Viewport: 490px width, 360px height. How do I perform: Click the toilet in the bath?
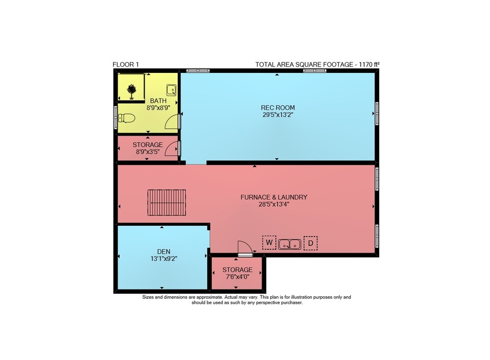pos(126,118)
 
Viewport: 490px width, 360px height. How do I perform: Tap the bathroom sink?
pos(171,90)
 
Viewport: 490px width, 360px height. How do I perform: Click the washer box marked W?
pos(269,242)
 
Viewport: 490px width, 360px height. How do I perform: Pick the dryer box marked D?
pos(311,243)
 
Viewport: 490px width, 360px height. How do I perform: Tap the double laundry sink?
pos(290,244)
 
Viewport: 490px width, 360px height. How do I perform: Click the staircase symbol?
pos(167,202)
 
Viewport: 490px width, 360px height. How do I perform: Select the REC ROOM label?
pos(278,108)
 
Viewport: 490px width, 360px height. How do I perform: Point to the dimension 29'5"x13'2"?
pos(278,115)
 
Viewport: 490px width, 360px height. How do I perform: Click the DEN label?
pos(164,252)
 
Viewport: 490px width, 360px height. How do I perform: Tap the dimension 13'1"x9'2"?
pos(164,259)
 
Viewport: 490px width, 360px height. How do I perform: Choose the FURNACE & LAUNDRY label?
pos(274,197)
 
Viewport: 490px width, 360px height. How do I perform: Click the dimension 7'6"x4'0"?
pos(238,277)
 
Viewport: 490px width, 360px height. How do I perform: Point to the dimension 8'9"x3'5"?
pos(147,152)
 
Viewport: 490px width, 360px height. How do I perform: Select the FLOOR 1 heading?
pos(125,65)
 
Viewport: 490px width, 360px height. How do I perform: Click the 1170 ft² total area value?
pos(369,64)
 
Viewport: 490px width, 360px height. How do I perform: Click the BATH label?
pos(158,101)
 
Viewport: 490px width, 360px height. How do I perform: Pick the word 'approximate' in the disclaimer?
pos(210,297)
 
